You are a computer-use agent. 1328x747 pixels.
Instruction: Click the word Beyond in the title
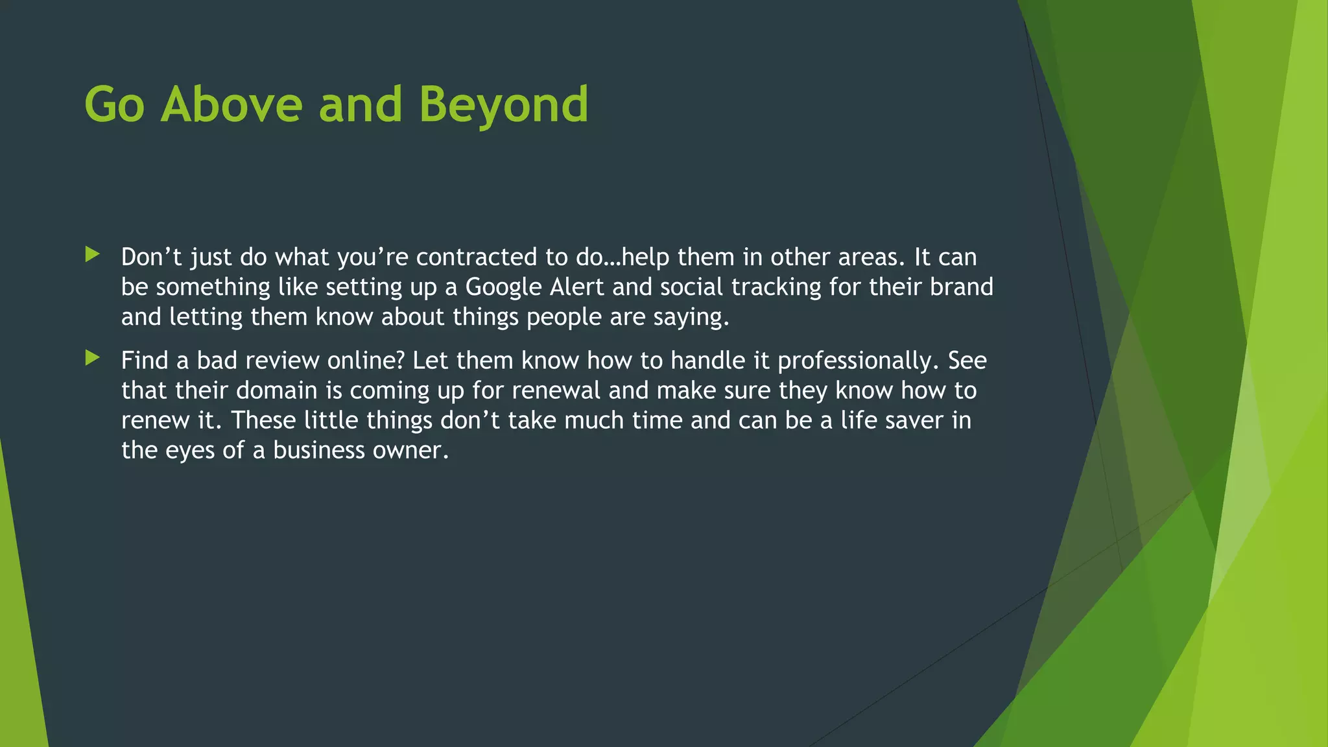coord(503,105)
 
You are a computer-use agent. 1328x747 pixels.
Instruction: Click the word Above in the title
coord(231,105)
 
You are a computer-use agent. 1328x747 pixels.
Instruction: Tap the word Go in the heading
coord(114,105)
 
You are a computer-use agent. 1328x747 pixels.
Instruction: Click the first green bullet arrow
coord(93,255)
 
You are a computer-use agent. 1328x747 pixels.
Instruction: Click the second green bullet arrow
coord(93,358)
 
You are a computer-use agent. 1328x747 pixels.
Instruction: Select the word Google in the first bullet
coord(503,287)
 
